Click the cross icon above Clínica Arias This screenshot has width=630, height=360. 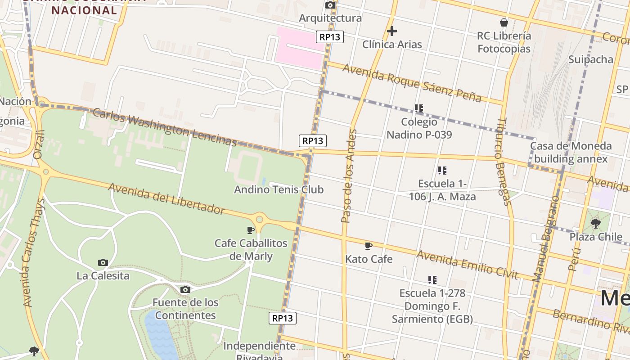392,31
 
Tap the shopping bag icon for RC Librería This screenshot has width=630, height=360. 504,22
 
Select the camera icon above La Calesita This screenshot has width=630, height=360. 103,262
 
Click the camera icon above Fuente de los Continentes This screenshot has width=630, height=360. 185,289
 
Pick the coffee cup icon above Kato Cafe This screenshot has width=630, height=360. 369,246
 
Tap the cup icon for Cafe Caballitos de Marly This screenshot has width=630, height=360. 251,230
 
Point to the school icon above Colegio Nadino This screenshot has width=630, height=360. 419,108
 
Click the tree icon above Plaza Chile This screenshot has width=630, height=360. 596,223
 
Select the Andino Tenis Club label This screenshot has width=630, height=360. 279,189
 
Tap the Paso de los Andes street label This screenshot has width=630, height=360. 349,176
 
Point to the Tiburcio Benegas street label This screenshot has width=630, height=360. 504,162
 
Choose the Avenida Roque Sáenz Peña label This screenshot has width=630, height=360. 412,83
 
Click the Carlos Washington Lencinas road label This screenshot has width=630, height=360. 164,127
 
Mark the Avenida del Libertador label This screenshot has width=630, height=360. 166,198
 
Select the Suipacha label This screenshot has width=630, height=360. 590,59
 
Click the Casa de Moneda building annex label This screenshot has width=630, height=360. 571,153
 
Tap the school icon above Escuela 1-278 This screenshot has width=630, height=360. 432,280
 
